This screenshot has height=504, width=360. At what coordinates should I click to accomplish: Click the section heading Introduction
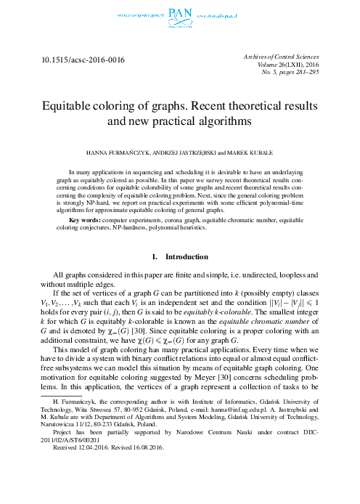tap(187, 257)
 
